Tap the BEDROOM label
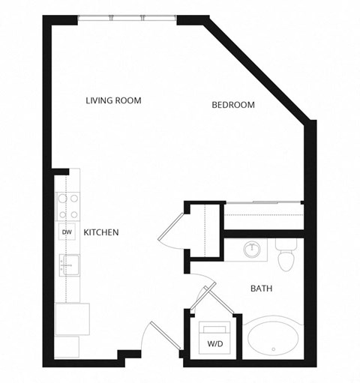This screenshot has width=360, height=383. [x=232, y=105]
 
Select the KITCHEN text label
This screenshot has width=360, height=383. [x=101, y=233]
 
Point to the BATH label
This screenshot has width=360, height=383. [x=260, y=288]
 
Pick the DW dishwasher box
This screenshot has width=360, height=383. [x=67, y=232]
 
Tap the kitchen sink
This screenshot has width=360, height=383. [x=68, y=265]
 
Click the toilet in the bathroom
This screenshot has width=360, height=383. [x=286, y=255]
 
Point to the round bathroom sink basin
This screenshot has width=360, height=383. [x=252, y=248]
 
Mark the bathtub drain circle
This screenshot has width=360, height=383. [x=274, y=349]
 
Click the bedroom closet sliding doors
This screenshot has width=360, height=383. [x=263, y=203]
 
